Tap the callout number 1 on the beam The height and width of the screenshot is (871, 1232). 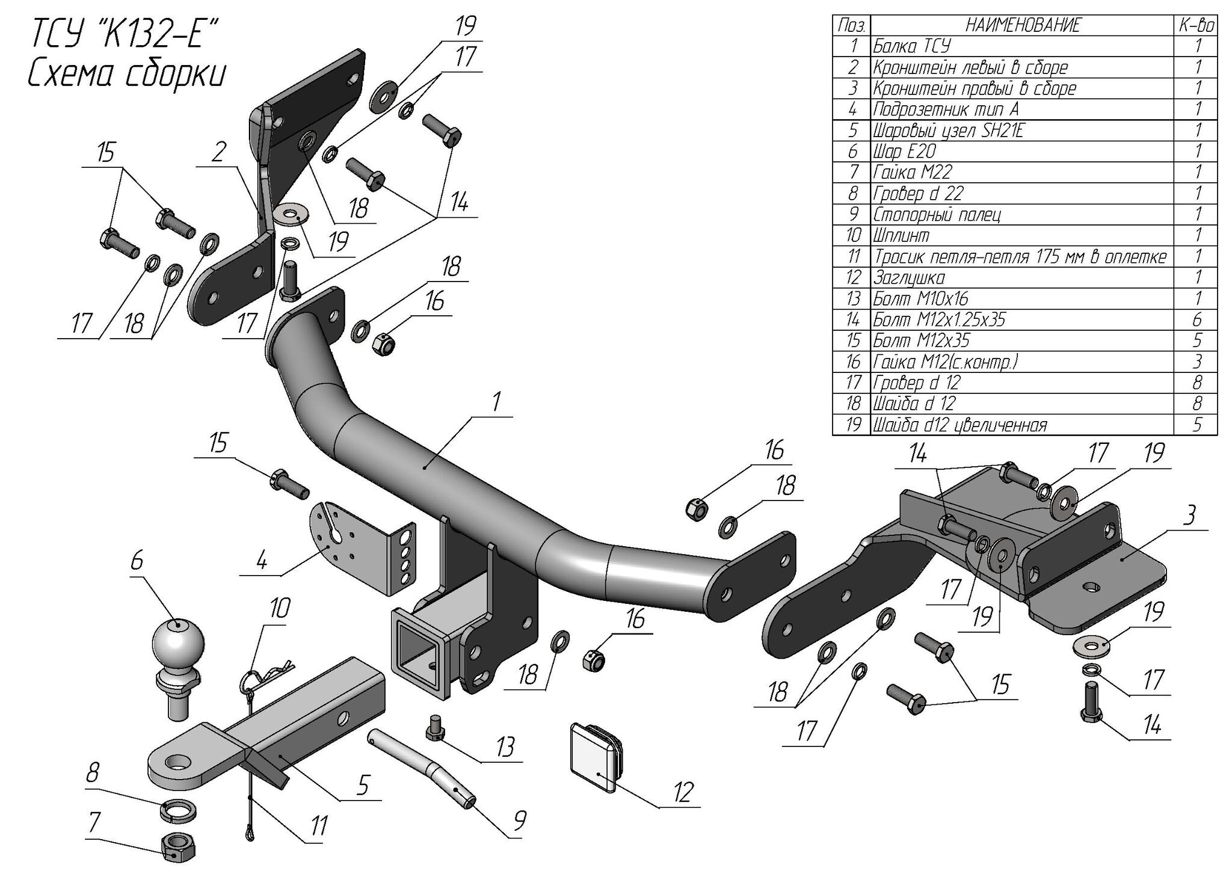click(x=496, y=402)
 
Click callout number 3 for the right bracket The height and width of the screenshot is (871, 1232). click(x=1189, y=516)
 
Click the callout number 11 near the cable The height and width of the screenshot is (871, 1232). click(x=318, y=826)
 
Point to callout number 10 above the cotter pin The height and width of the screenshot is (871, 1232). click(x=280, y=608)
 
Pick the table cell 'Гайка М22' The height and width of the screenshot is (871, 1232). click(x=912, y=173)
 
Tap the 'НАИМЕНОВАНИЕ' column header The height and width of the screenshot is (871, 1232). click(x=1023, y=25)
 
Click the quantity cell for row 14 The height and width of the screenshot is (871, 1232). click(x=1197, y=319)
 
